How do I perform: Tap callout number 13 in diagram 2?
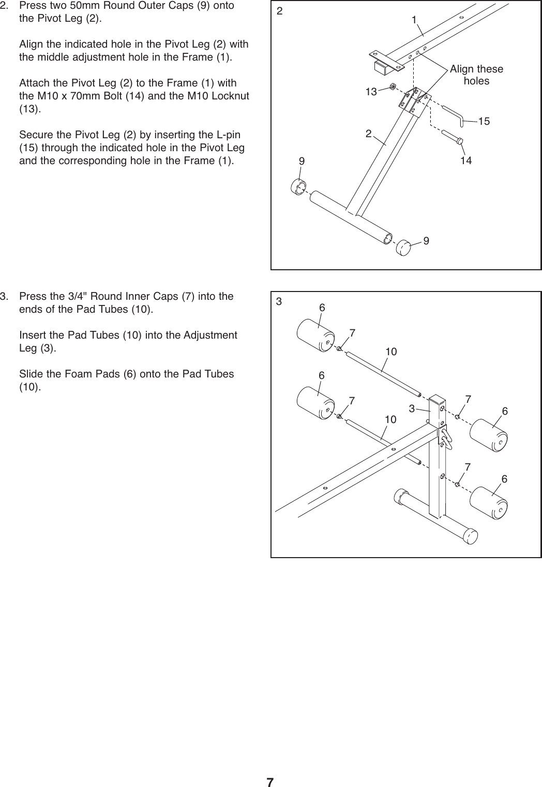(370, 92)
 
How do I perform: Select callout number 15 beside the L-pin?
(484, 122)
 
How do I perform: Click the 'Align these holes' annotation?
(476, 75)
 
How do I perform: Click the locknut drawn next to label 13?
(393, 86)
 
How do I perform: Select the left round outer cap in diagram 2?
(299, 187)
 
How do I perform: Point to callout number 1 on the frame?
(414, 20)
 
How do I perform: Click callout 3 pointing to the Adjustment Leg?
(412, 409)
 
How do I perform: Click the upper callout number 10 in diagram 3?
(390, 352)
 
